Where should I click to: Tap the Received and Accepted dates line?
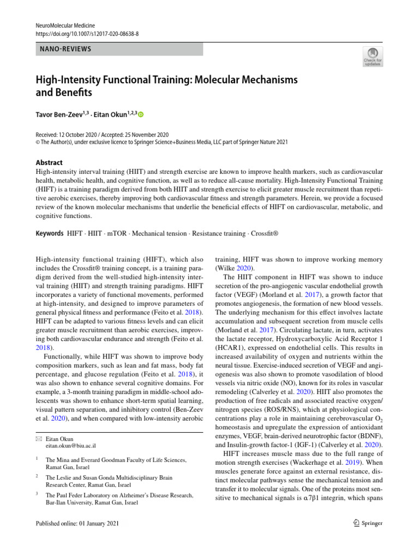[x=102, y=135]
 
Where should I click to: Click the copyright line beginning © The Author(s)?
[x=161, y=142]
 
